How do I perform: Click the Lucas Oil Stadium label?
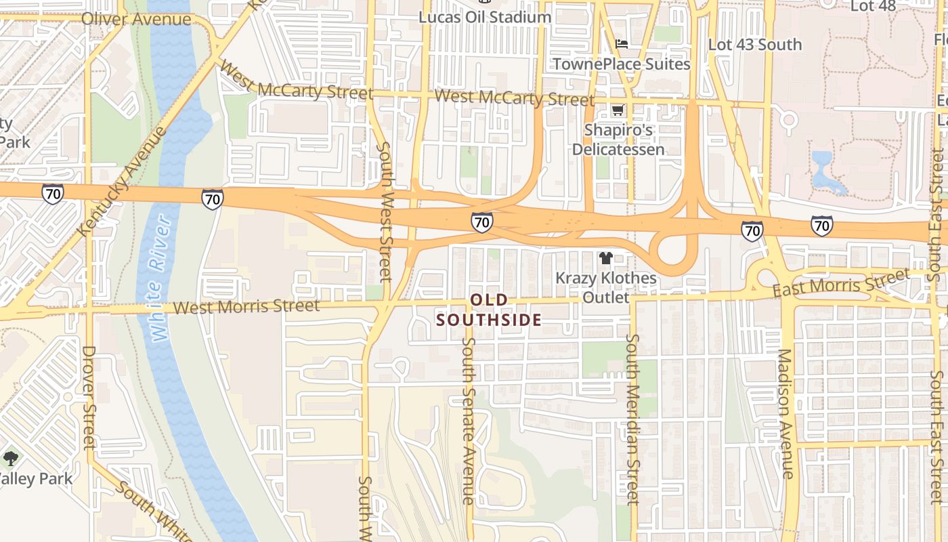[x=484, y=17]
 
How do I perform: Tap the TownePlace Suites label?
[x=621, y=64]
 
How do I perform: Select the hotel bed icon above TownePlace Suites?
[x=621, y=44]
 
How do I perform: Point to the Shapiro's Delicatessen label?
[x=618, y=140]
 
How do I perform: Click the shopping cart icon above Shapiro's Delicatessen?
[x=618, y=110]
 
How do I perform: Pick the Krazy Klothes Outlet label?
[x=605, y=287]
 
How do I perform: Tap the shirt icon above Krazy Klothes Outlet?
[x=605, y=258]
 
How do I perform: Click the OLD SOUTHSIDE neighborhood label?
[x=489, y=310]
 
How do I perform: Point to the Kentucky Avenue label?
[x=123, y=181]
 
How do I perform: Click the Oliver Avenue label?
[x=136, y=19]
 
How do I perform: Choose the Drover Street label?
[x=89, y=398]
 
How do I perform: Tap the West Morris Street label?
[x=246, y=307]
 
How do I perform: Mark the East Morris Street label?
[x=841, y=283]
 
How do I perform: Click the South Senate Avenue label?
[x=468, y=420]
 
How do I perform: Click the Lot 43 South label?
[x=754, y=45]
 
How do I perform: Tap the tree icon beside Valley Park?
[x=10, y=459]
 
